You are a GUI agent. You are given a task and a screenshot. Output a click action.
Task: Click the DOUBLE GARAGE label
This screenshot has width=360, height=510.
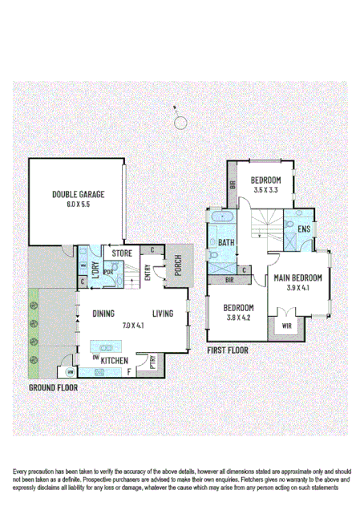coord(79,194)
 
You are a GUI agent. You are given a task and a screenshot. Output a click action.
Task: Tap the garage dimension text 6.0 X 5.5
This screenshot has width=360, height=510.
coord(79,205)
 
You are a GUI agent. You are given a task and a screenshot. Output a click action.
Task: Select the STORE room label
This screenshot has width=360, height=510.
coord(122,253)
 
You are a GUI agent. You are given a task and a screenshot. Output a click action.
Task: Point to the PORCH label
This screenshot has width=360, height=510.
coord(178,265)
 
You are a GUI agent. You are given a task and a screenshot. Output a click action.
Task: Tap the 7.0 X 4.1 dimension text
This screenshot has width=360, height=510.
coord(132,326)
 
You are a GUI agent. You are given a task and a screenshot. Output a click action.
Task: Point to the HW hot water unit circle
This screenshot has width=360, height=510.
coord(71,372)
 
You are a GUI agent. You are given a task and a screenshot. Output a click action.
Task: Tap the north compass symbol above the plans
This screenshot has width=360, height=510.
coord(181,122)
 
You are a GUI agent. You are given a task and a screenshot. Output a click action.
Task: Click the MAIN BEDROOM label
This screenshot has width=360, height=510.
coord(297,278)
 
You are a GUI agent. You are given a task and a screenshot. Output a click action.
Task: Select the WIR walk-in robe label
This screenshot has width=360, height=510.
coord(286,326)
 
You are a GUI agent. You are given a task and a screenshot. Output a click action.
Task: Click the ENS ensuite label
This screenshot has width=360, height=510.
coord(303,230)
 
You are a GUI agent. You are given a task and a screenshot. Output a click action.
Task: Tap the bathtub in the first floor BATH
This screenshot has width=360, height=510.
coord(220,219)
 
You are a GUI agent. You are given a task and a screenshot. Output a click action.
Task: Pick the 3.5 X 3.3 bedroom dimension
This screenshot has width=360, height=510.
coord(265,191)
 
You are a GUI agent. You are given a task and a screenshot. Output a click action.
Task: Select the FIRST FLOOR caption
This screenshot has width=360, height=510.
coord(227,350)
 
